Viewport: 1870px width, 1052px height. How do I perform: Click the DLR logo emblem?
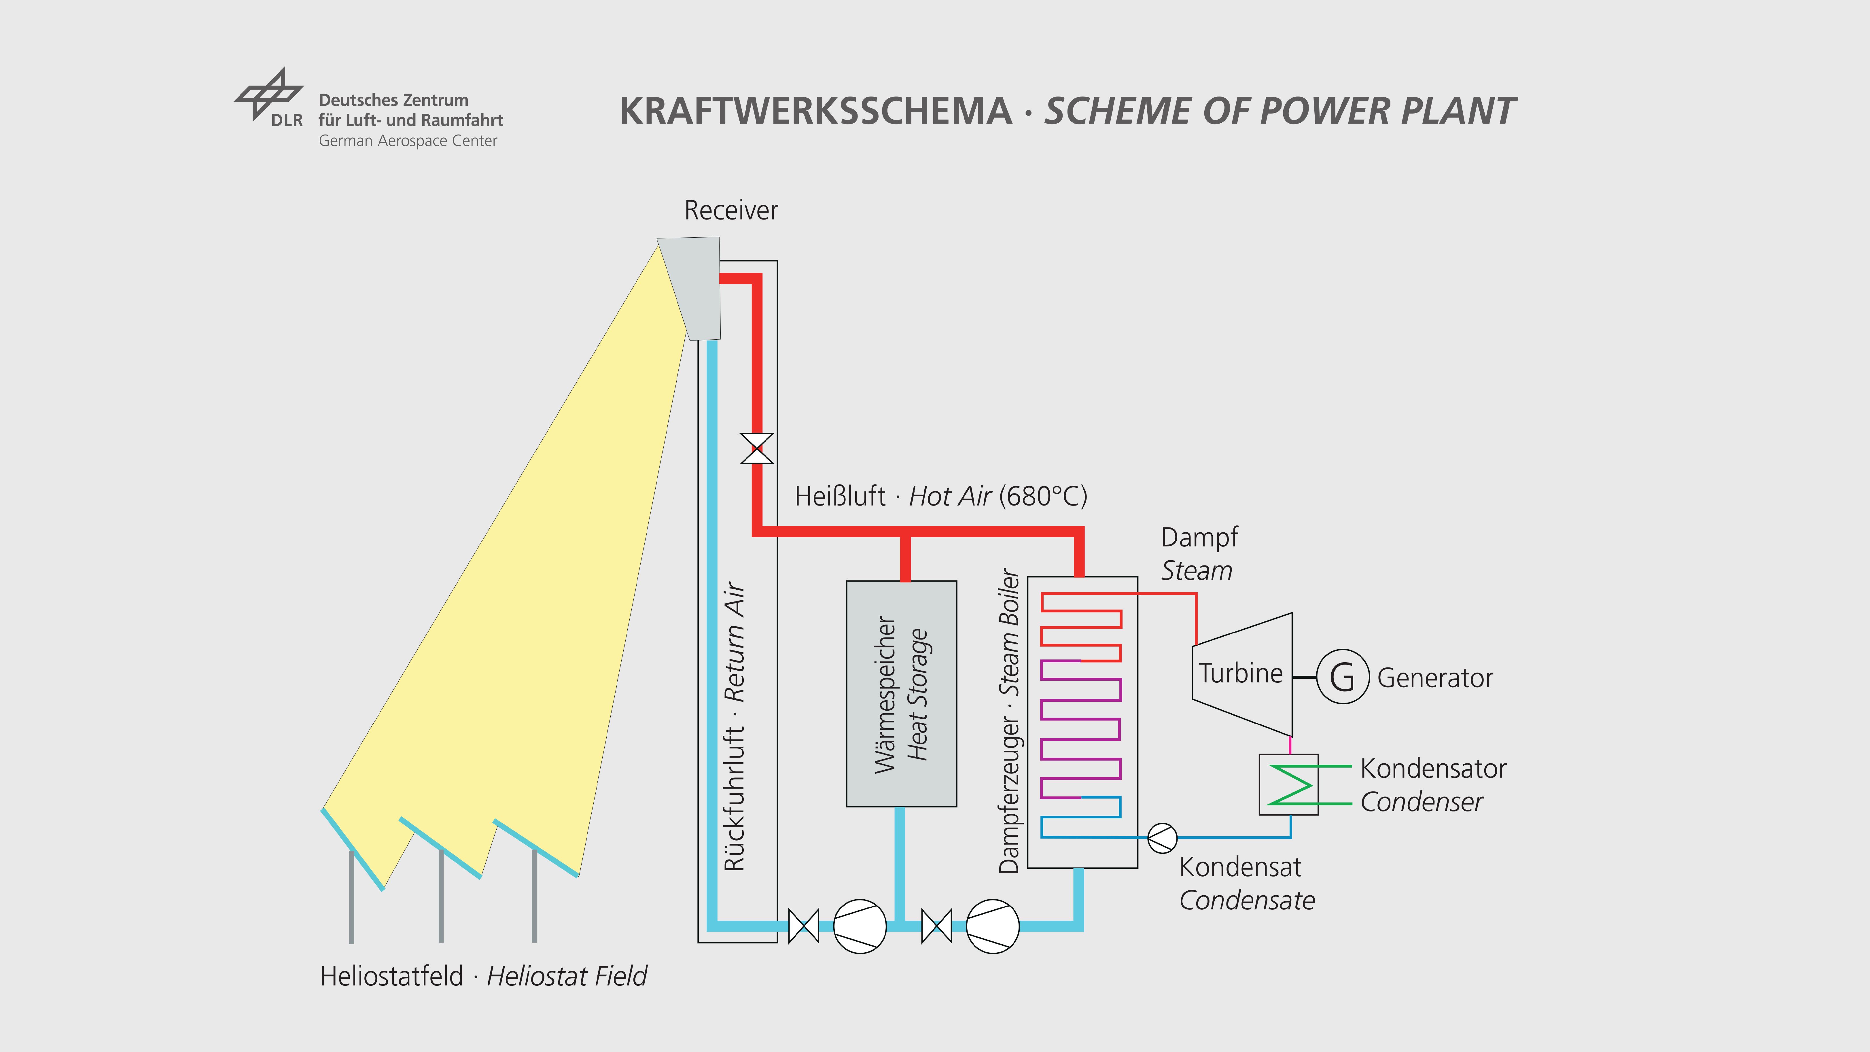coord(268,94)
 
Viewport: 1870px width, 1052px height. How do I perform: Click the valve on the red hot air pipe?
coord(756,448)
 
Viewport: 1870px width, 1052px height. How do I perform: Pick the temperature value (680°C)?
coord(1043,497)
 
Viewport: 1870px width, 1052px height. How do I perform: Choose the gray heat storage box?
coord(901,693)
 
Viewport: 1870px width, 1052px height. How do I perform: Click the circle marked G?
coord(1342,677)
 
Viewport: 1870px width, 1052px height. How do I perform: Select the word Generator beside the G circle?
coord(1434,678)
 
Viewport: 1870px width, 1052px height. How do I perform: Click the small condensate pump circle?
coord(1162,838)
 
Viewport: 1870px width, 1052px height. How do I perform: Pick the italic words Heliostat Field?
coord(566,977)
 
